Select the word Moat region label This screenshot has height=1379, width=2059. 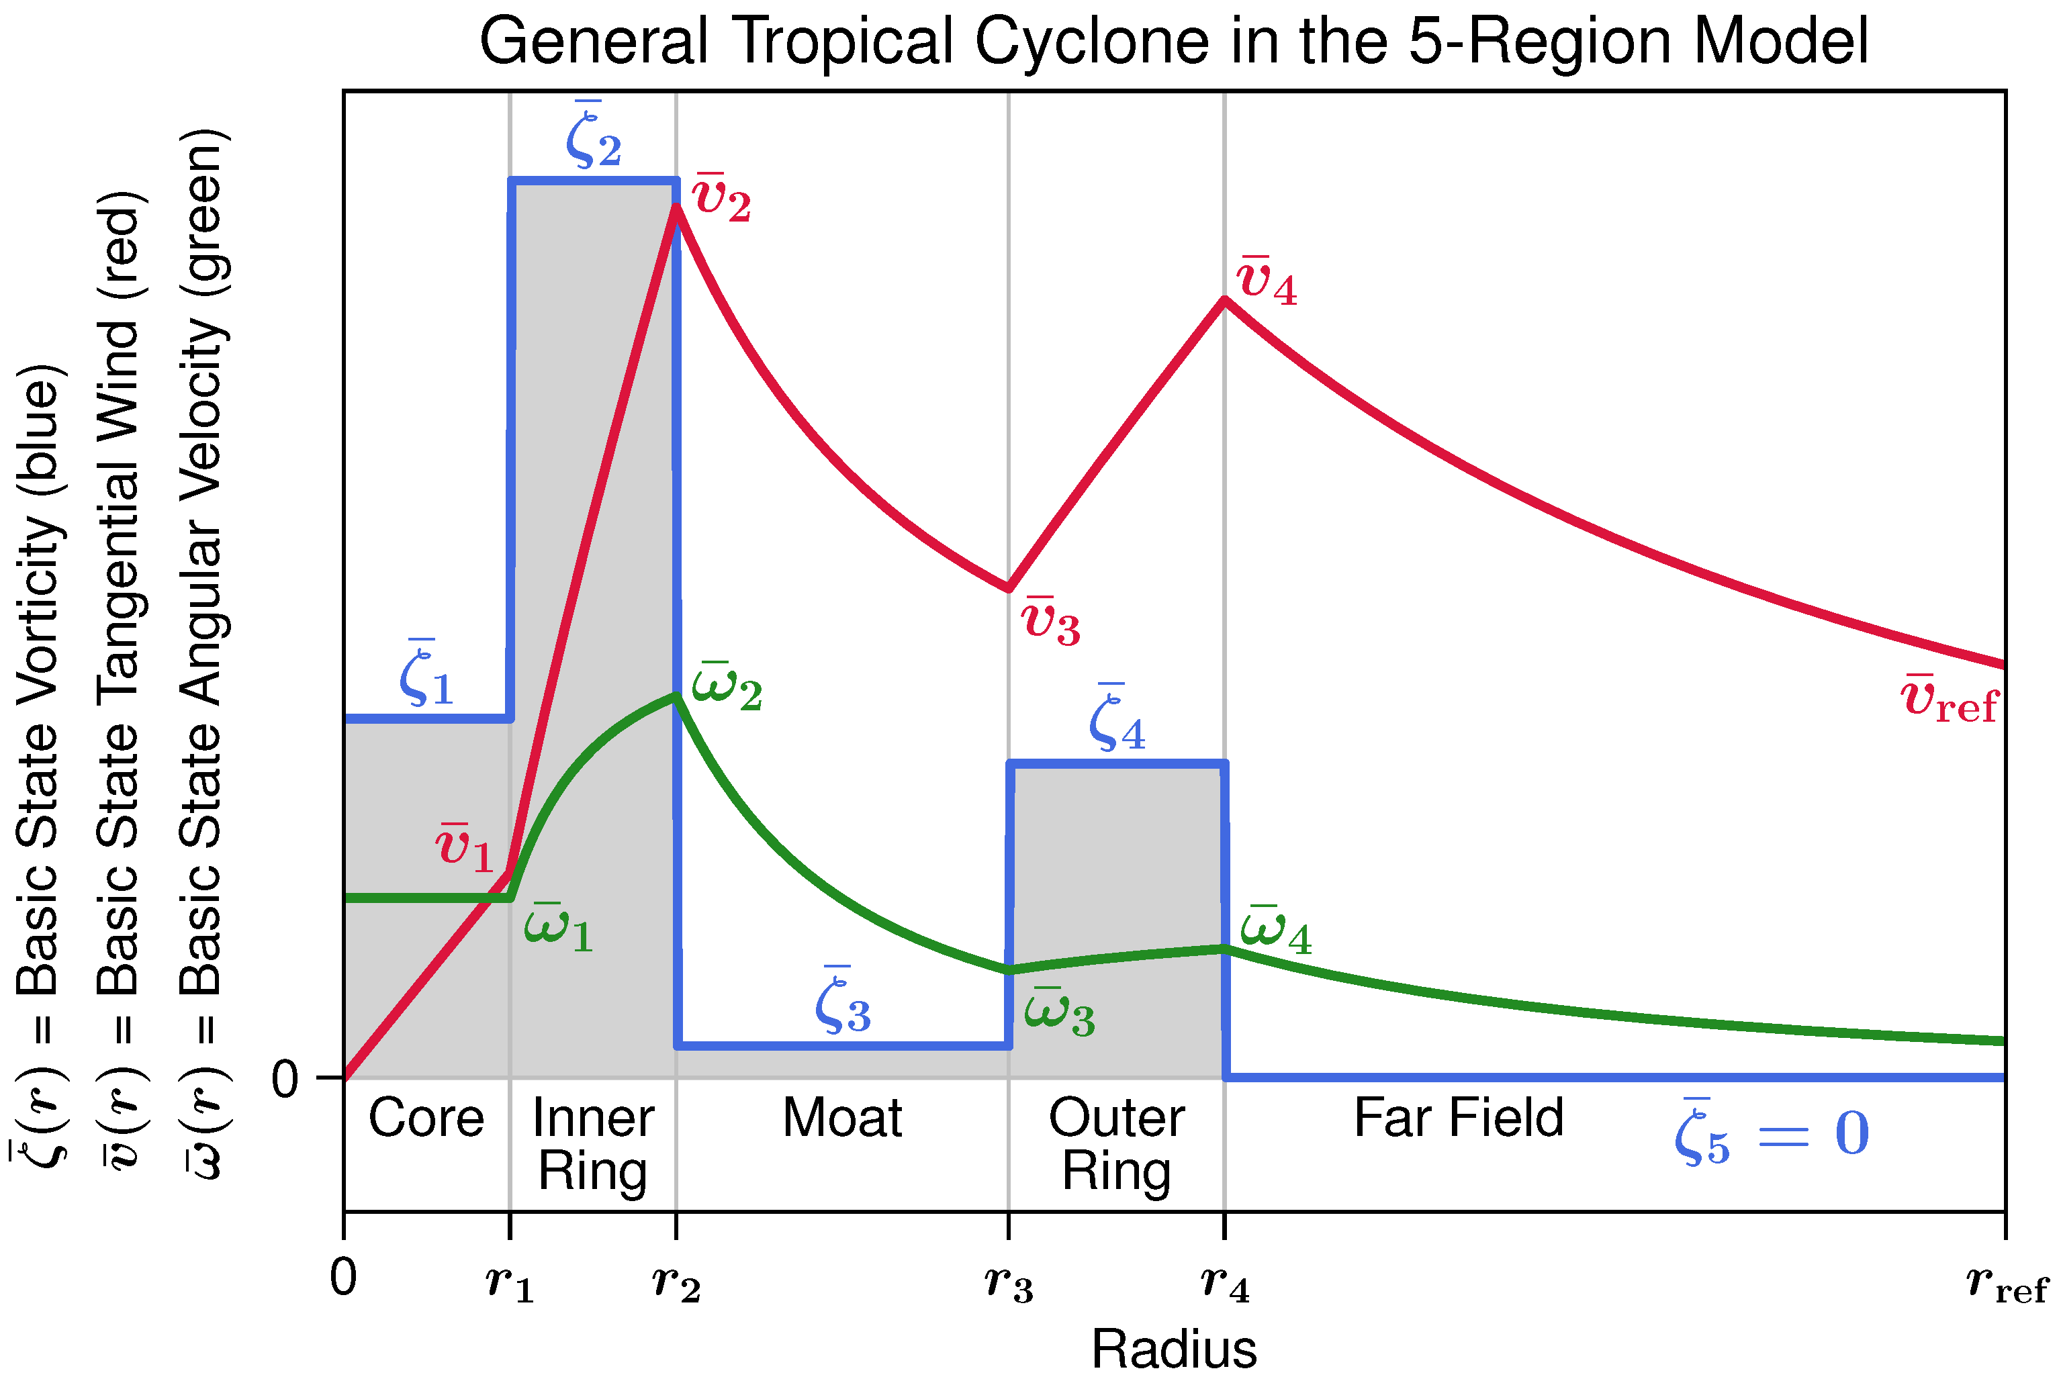pyautogui.click(x=841, y=1119)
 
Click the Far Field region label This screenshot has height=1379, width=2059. pyautogui.click(x=1458, y=1119)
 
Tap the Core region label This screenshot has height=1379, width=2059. pyautogui.click(x=426, y=1119)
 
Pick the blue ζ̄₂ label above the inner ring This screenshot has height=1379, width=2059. pyautogui.click(x=594, y=136)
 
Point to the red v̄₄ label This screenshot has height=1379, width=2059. pyautogui.click(x=1267, y=281)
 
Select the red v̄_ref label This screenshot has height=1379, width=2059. pyautogui.click(x=1949, y=701)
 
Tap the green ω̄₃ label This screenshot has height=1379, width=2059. pyautogui.click(x=1060, y=1014)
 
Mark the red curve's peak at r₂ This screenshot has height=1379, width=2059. pyautogui.click(x=676, y=207)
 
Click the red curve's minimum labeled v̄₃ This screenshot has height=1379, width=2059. pyautogui.click(x=1009, y=588)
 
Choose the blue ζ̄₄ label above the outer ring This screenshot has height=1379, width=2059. pyautogui.click(x=1117, y=720)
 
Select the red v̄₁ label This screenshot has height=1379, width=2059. pyautogui.click(x=465, y=849)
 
